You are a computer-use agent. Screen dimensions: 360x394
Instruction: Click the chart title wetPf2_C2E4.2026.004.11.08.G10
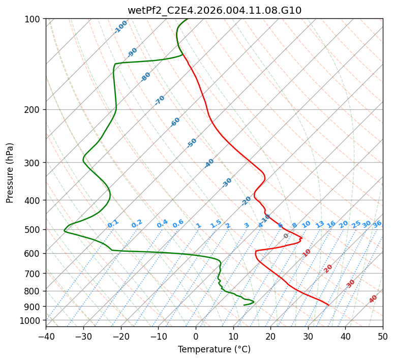(x=214, y=10)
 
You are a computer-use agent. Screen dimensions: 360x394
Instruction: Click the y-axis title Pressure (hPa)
(x=10, y=172)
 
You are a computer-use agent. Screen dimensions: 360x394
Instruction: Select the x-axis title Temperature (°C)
(x=214, y=349)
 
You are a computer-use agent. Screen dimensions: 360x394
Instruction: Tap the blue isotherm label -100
(x=120, y=27)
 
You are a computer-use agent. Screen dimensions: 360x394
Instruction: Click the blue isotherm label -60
(x=175, y=122)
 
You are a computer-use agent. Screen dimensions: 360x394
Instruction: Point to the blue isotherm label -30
(x=227, y=183)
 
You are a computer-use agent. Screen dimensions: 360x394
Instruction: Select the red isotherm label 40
(x=373, y=299)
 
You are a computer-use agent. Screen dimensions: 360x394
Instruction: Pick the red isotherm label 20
(x=328, y=268)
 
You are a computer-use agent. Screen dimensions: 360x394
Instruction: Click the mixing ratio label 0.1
(x=113, y=223)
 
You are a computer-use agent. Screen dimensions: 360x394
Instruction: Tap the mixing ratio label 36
(x=377, y=224)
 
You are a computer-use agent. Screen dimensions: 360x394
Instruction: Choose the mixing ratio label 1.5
(x=216, y=223)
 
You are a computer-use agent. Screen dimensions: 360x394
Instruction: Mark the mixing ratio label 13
(x=320, y=224)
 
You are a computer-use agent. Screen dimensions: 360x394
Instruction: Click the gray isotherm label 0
(x=286, y=236)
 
